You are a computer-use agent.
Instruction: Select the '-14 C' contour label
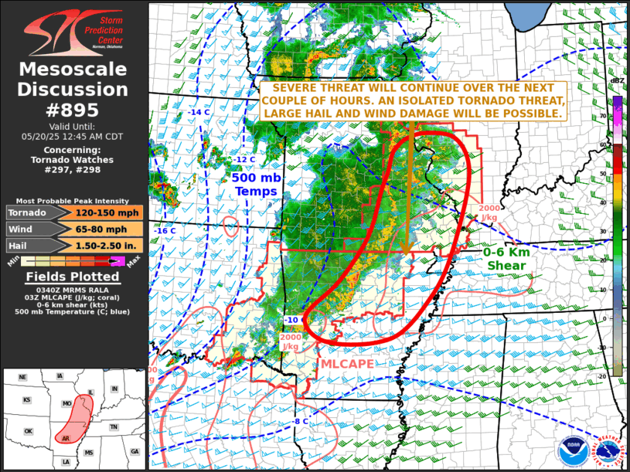(x=199, y=113)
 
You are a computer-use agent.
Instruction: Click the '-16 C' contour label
(x=165, y=231)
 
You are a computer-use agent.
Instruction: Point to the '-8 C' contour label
(x=301, y=421)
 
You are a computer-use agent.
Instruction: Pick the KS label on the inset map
(x=26, y=400)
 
